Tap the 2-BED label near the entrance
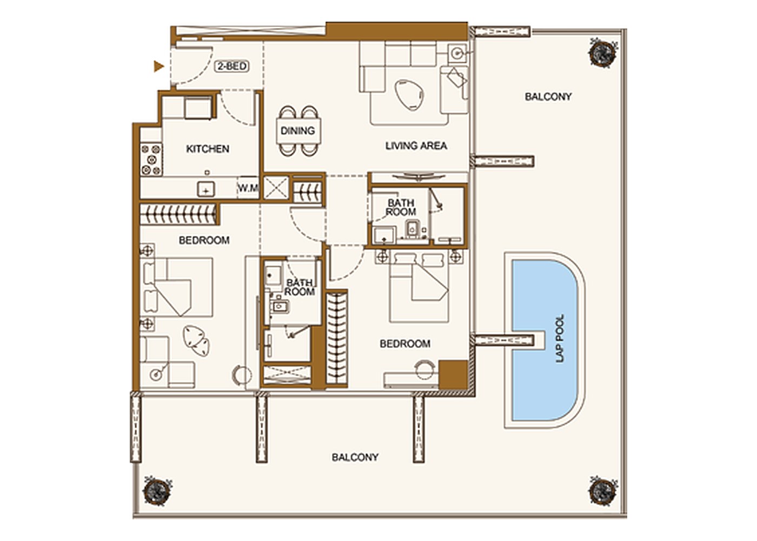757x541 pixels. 232,66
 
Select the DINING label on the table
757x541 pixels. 297,130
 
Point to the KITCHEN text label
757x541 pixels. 208,149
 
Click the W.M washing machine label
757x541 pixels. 248,188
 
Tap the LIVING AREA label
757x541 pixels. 416,146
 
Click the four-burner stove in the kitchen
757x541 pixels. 151,159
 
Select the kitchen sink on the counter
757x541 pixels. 206,189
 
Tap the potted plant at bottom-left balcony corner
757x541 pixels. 157,490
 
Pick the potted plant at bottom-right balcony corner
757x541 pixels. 603,490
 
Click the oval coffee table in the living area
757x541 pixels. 409,95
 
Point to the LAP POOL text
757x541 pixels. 560,339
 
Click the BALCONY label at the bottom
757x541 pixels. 355,458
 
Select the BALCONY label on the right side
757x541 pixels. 548,97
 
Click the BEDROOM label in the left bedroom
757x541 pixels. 204,240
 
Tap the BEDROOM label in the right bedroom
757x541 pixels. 405,344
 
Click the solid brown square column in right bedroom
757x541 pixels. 453,374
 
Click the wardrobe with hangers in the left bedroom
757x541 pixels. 178,214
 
